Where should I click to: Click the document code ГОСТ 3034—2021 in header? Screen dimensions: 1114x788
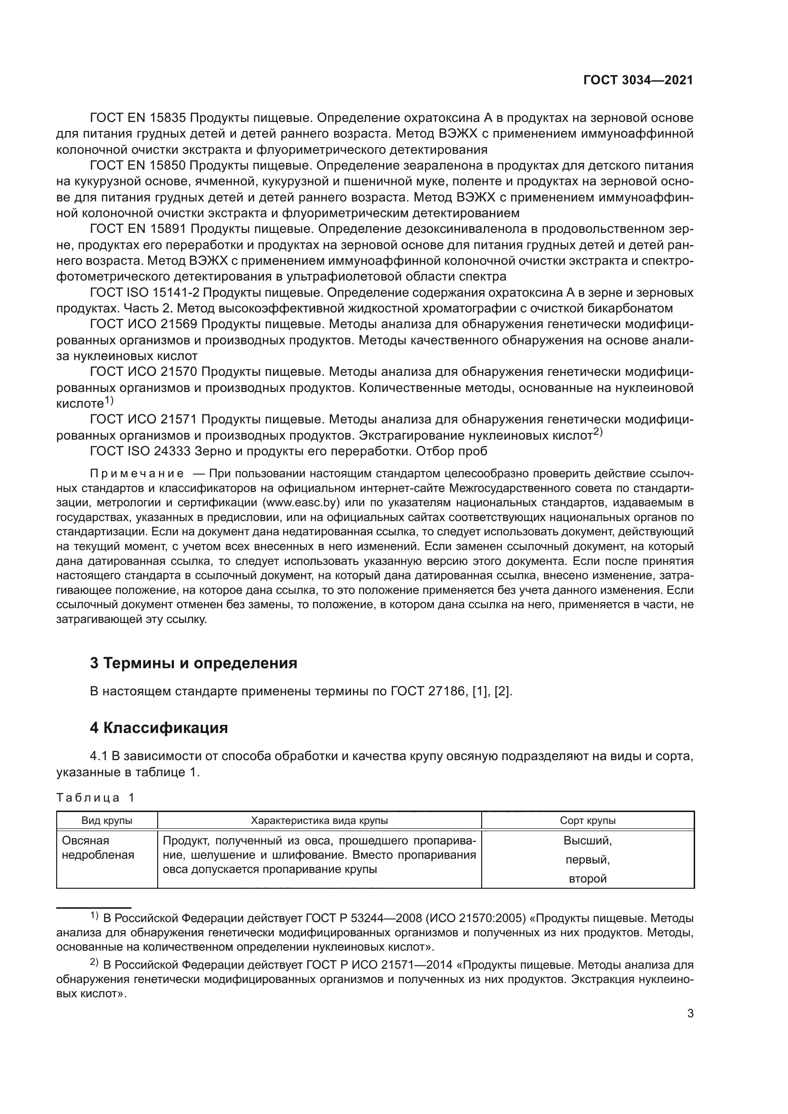click(637, 80)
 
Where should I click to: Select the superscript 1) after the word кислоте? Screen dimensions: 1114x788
click(109, 401)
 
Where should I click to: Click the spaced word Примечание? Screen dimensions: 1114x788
click(137, 474)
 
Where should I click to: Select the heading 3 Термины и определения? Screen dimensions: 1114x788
click(193, 663)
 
